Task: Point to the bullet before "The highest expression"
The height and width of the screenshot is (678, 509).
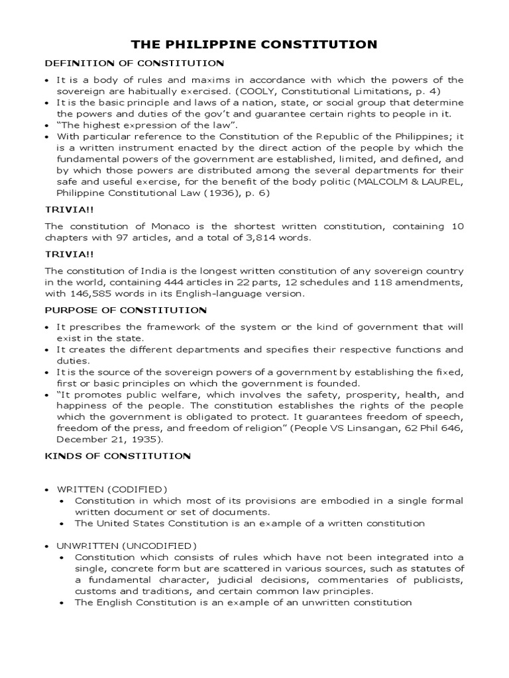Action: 47,125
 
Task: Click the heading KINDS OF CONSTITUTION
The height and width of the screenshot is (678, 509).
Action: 117,456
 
